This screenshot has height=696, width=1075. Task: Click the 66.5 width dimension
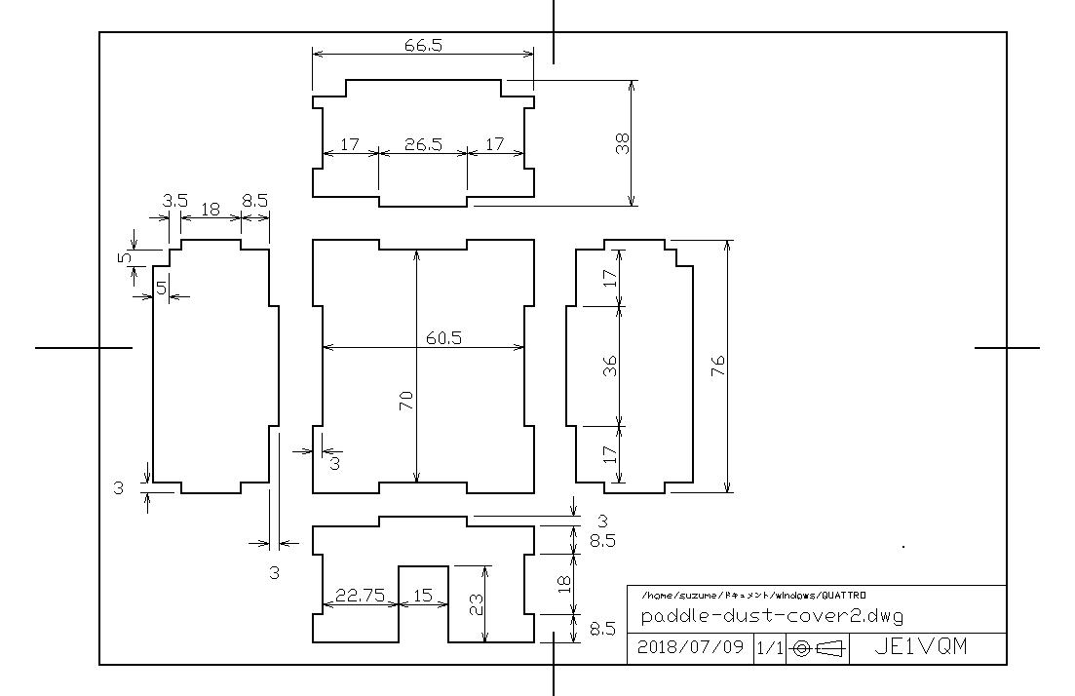(423, 45)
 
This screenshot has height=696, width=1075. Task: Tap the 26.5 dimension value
(423, 144)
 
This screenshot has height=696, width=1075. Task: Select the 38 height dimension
(623, 143)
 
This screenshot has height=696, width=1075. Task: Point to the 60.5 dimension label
(443, 338)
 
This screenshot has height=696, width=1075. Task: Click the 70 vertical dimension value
(405, 401)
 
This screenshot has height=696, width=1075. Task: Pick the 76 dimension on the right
(718, 367)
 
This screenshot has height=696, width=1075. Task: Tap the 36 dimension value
(609, 367)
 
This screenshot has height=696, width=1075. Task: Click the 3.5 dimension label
(174, 201)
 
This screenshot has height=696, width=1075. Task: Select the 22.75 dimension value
(360, 596)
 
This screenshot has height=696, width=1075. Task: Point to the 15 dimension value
(423, 596)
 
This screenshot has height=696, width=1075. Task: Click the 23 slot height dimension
(475, 604)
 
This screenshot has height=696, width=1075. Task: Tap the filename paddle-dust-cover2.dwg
(772, 615)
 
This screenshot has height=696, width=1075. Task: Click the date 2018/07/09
(690, 646)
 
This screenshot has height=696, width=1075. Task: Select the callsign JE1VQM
(921, 646)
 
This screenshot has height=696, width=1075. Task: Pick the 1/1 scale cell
(769, 648)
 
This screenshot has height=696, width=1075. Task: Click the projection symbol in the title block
(818, 648)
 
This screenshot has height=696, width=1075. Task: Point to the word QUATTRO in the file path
(843, 596)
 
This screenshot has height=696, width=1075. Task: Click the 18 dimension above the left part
(211, 210)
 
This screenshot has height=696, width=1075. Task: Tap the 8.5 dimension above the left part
(255, 201)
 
